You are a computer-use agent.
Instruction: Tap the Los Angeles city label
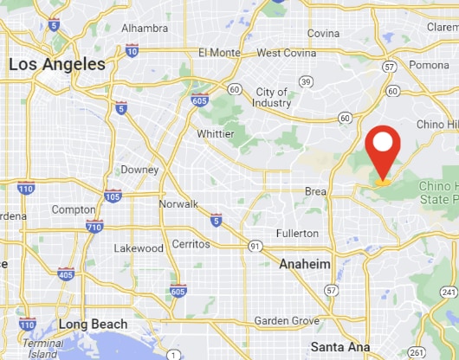pyautogui.click(x=57, y=65)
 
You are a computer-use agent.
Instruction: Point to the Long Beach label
pyautogui.click(x=93, y=325)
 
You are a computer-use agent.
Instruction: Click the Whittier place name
pyautogui.click(x=215, y=134)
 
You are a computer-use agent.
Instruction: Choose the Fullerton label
pyautogui.click(x=297, y=234)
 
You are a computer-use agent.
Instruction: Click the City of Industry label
pyautogui.click(x=272, y=98)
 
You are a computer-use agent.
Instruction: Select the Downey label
pyautogui.click(x=139, y=170)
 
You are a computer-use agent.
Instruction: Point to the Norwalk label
pyautogui.click(x=178, y=204)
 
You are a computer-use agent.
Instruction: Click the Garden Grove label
pyautogui.click(x=287, y=320)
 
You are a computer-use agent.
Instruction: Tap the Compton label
pyautogui.click(x=74, y=210)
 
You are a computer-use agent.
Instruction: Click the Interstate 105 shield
pyautogui.click(x=113, y=196)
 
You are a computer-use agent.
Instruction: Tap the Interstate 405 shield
pyautogui.click(x=65, y=274)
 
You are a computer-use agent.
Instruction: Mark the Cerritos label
pyautogui.click(x=191, y=245)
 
